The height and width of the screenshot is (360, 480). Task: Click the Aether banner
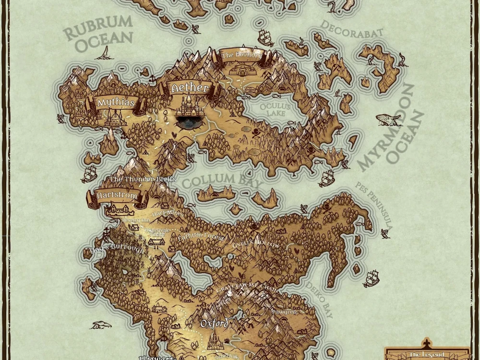190,88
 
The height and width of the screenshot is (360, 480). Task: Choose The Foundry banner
241,55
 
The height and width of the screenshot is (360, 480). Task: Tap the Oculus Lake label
273,109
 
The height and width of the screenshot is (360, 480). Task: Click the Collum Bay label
223,181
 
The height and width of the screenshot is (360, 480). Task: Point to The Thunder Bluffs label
143,179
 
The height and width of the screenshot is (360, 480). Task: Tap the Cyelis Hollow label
255,244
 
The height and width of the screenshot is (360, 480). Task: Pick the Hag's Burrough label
117,249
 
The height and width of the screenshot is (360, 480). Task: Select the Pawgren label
284,312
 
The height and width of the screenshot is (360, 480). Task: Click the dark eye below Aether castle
190,123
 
